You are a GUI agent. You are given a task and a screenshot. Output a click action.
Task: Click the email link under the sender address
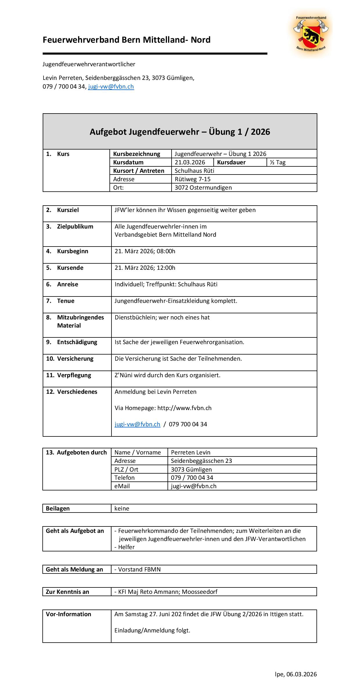[111, 87]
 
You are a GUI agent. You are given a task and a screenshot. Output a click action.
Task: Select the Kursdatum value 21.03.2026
[190, 162]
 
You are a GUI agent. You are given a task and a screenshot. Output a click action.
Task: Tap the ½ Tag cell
[278, 162]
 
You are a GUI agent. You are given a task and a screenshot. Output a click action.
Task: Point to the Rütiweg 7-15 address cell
[192, 179]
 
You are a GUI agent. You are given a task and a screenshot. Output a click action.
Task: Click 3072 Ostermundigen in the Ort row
[203, 188]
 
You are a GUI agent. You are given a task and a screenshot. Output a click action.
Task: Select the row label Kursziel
[68, 210]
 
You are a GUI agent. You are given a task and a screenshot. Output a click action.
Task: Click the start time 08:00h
[166, 251]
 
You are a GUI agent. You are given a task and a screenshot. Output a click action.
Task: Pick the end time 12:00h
[166, 268]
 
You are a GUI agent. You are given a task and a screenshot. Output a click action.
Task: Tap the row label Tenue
[66, 301]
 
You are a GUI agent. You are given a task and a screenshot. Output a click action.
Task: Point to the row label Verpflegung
[74, 375]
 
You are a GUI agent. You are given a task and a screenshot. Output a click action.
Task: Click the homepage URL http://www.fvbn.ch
[184, 408]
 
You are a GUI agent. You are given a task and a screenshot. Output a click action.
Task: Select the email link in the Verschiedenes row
[137, 424]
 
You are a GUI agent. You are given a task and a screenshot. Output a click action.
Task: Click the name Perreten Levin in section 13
[190, 452]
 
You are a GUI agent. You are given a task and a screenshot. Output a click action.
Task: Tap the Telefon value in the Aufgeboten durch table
[192, 478]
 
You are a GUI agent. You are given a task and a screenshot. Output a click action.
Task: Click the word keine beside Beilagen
[122, 508]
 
